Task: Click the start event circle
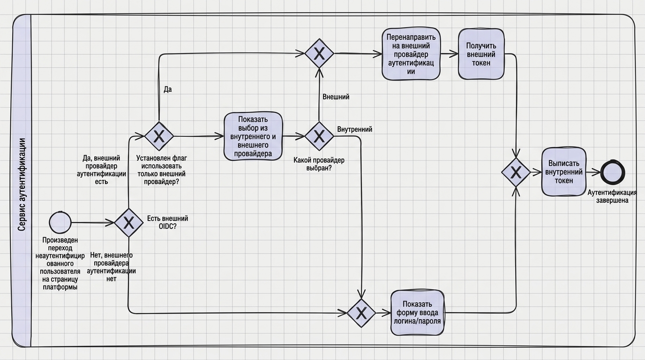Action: pos(60,222)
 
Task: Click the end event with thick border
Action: pos(613,173)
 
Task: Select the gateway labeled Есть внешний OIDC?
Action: pos(128,223)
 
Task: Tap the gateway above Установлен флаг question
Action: pos(159,136)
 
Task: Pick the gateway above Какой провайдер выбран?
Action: pos(319,136)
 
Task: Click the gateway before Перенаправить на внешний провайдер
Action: pos(319,53)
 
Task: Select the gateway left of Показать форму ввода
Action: pos(361,313)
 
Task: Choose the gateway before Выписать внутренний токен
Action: pos(516,172)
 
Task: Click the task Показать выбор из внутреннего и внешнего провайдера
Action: pos(253,136)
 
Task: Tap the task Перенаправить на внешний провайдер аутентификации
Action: pos(411,54)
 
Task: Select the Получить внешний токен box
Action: pos(481,54)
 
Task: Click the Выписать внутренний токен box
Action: pos(564,172)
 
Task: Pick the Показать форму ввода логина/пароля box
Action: pos(417,313)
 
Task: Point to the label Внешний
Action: pos(336,97)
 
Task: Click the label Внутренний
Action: pos(354,129)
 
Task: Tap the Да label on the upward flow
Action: pos(168,89)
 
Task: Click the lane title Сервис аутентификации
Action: pos(22,185)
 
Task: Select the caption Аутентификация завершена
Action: pos(612,196)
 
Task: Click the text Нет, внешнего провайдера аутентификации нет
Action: pos(111,267)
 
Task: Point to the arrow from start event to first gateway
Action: pos(93,223)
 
